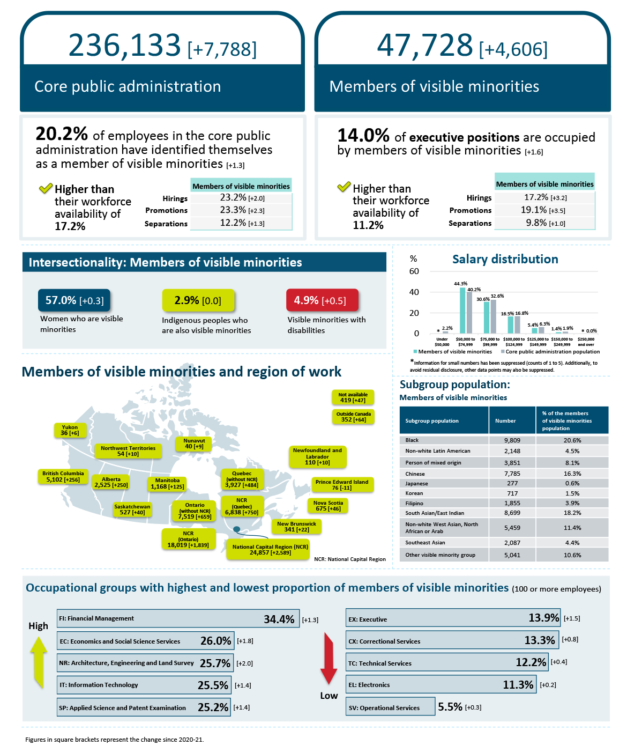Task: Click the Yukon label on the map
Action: pos(70,430)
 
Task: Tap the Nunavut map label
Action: pos(194,444)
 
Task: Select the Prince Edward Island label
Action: pos(342,485)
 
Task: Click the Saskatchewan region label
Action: pos(132,510)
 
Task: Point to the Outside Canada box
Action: pos(353,417)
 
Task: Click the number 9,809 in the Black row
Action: pos(512,440)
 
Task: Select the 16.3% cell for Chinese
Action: pos(572,474)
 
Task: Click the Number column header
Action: pos(505,421)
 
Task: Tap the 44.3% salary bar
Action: pos(462,311)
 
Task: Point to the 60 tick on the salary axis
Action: pos(414,271)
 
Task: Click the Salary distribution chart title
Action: pos(505,260)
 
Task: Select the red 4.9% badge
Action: pos(322,300)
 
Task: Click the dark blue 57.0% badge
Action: pos(74,300)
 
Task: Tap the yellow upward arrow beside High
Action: pos(39,662)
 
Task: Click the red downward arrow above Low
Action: pos(329,659)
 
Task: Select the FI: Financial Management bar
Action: pos(178,619)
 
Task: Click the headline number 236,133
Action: pos(124,45)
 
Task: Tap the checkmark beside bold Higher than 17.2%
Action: pos(46,188)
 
